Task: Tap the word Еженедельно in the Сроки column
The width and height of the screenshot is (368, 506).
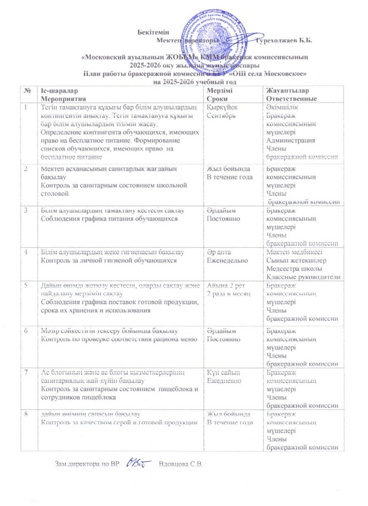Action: [x=228, y=262]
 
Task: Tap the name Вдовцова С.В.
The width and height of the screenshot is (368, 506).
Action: [x=180, y=463]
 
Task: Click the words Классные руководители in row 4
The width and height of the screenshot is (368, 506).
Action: [x=303, y=277]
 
